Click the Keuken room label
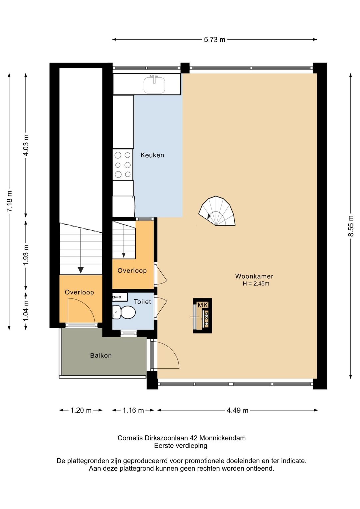pos(152,155)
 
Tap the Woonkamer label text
pos(254,276)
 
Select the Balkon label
pos(101,355)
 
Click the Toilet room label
pos(142,302)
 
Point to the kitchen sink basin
pos(154,85)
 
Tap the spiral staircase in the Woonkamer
pos(217,211)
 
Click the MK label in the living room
pos(203,305)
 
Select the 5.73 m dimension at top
pos(214,40)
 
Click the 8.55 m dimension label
pos(351,226)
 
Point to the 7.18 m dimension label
pos(9,201)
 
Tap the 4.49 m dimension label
pos(237,410)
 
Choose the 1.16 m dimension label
pos(133,410)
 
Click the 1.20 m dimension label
pos(81,410)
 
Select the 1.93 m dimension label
pos(26,255)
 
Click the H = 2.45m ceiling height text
pos(256,284)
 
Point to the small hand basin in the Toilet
pos(120,297)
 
